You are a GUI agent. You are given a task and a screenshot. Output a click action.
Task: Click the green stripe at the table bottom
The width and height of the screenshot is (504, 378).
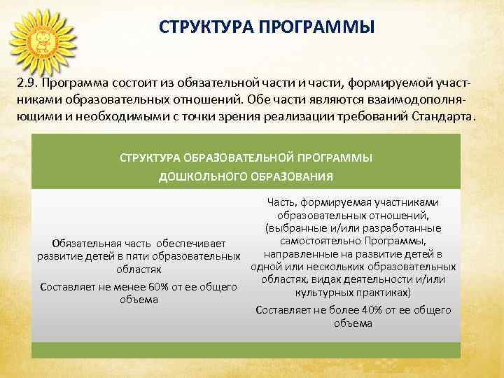coord(246,349)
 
